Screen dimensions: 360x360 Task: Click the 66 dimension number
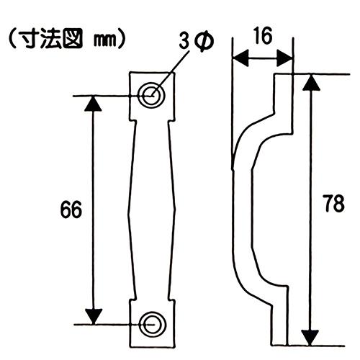(71, 210)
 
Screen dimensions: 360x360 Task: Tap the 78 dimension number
(333, 203)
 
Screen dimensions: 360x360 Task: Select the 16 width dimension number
(264, 35)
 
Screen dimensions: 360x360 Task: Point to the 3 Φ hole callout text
(196, 42)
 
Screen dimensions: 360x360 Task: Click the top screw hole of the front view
(151, 96)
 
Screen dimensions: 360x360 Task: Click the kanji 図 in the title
(73, 39)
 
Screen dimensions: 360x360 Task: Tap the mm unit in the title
(104, 41)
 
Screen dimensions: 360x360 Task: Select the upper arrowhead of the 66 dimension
(93, 104)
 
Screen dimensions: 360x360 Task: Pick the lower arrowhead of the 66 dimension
(94, 316)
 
